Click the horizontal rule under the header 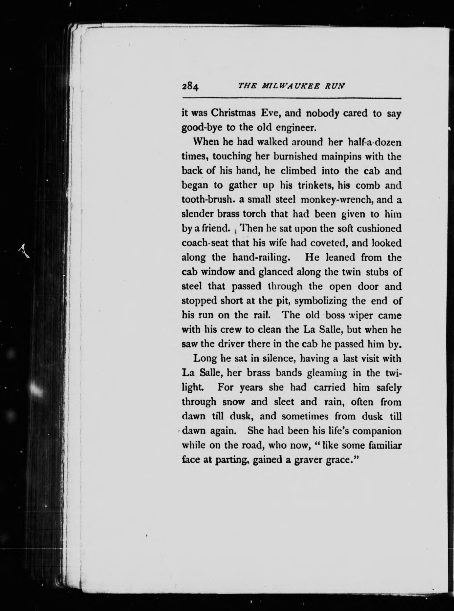coord(292,98)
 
